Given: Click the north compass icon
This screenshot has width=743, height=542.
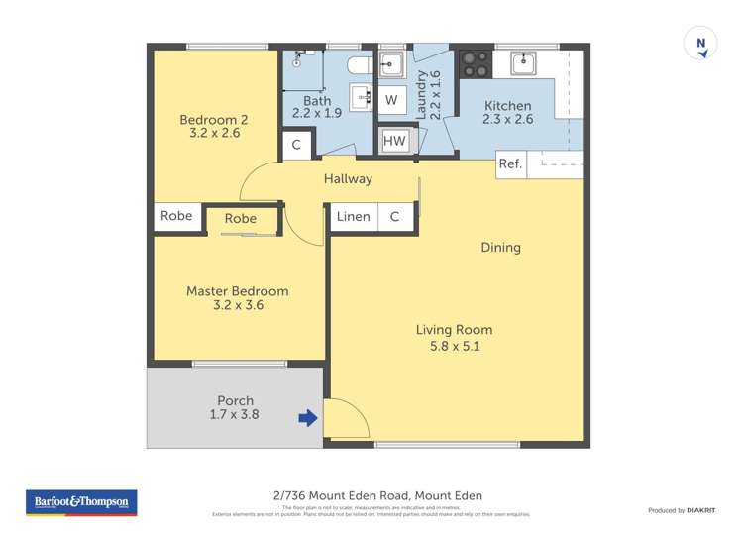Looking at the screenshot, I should [x=700, y=45].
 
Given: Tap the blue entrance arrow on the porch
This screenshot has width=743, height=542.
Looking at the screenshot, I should [x=308, y=418].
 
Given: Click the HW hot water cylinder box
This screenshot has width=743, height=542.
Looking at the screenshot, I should [x=394, y=142].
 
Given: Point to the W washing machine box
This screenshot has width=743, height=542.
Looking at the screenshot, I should [x=391, y=100].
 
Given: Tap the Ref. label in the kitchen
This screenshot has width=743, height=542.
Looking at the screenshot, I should [x=510, y=164].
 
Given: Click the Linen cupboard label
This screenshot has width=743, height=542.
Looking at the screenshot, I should [x=354, y=217].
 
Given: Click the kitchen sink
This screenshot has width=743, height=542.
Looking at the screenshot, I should [x=522, y=64].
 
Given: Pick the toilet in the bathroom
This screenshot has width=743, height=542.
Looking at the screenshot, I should [x=359, y=65].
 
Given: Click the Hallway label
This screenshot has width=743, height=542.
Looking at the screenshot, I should [x=348, y=179].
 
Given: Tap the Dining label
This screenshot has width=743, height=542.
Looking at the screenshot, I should [x=500, y=248].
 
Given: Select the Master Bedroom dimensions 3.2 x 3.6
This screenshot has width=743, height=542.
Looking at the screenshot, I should [x=238, y=306].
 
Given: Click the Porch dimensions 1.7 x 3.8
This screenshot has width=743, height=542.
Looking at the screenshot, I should [x=236, y=415].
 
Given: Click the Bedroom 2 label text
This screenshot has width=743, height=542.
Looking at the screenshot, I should [x=213, y=120].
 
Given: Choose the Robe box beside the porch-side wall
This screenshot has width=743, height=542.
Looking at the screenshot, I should [x=176, y=217].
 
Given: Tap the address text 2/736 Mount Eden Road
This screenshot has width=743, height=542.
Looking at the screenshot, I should [x=376, y=495].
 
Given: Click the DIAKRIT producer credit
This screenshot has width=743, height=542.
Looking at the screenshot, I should [x=701, y=510].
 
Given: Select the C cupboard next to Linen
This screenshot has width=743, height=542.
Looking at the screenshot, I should [x=394, y=217].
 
